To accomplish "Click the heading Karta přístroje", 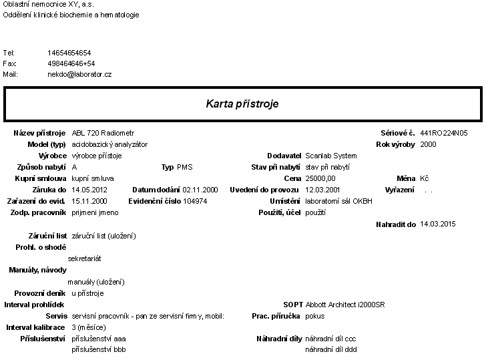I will click(x=242, y=104).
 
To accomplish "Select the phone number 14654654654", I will click(x=69, y=52).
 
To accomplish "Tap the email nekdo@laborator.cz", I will click(x=79, y=74).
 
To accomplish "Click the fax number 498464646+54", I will click(x=71, y=63).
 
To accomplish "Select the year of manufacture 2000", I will click(x=429, y=144).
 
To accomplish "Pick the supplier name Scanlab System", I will click(x=331, y=156).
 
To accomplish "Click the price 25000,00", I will click(x=320, y=178).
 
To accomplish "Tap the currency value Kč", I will click(x=425, y=178).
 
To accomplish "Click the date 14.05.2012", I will click(x=89, y=190).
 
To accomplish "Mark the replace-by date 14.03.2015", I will click(x=438, y=224).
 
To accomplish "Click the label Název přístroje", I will click(x=39, y=133).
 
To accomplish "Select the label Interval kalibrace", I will click(x=36, y=327).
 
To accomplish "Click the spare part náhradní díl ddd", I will click(x=331, y=349).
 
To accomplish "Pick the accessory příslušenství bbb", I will click(x=98, y=349).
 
